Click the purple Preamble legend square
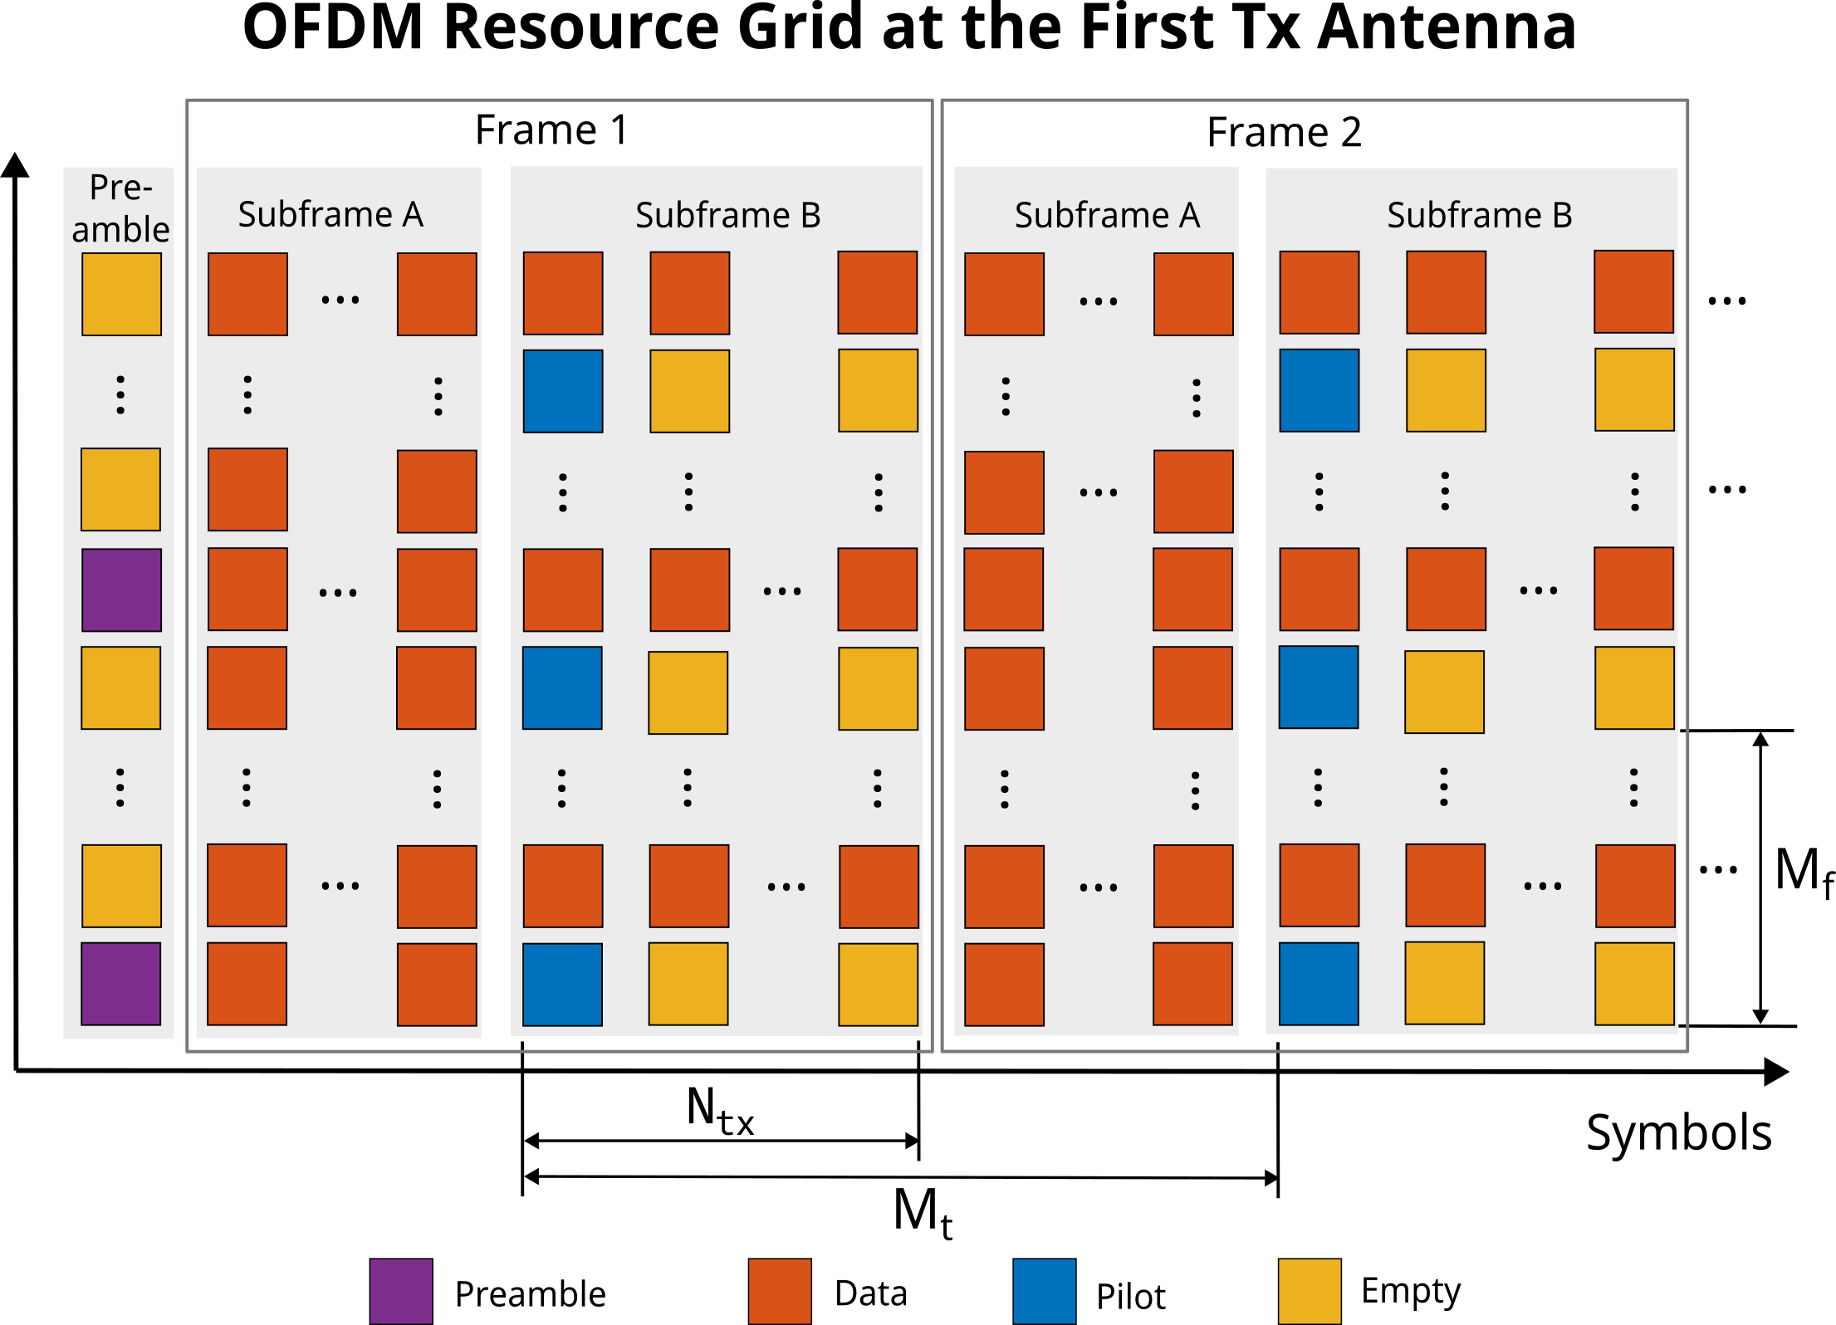401,1291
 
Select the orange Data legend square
780,1291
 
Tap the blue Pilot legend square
1045,1291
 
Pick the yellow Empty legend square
1310,1291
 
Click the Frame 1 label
551,130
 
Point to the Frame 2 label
1284,133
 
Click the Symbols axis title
1678,1133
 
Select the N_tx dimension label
719,1110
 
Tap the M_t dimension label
922,1212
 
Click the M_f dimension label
1802,872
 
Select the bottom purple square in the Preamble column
121,984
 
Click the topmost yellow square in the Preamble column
121,294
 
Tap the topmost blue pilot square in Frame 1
563,391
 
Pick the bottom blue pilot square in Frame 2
1319,984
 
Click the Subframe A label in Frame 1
330,215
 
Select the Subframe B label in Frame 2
1479,216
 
